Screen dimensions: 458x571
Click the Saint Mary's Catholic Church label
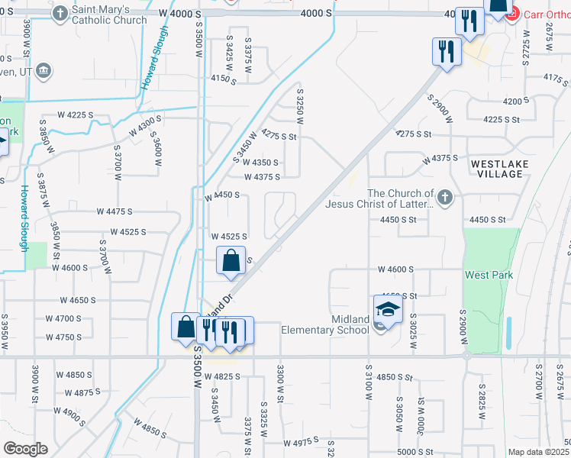109,15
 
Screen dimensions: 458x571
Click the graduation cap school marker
387,310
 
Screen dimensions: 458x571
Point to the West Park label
489,275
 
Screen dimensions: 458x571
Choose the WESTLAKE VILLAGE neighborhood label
497,169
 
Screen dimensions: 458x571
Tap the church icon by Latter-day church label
446,198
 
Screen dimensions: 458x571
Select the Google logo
24,448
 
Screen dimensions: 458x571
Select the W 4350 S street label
261,163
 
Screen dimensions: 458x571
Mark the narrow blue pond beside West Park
509,333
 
